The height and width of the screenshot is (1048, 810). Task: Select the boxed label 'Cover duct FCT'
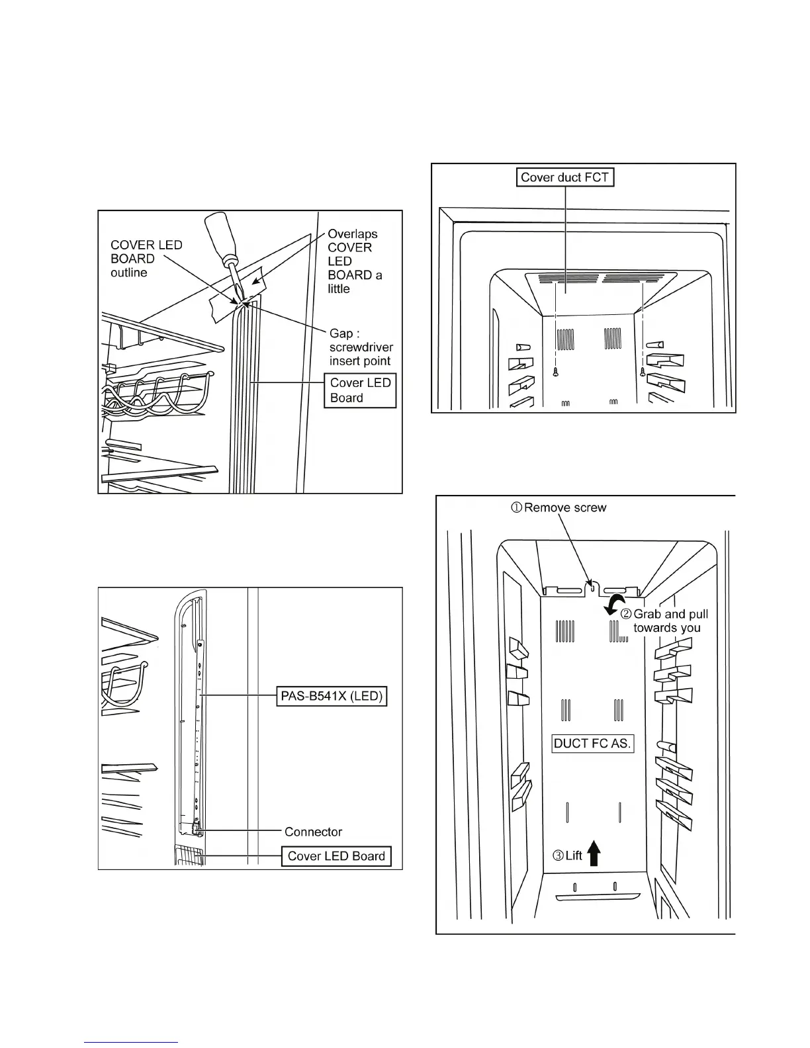(x=564, y=177)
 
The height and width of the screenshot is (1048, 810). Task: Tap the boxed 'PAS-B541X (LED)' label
(x=331, y=697)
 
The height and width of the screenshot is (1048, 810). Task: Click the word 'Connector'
(x=313, y=832)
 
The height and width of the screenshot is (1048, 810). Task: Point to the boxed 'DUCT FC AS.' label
(x=592, y=743)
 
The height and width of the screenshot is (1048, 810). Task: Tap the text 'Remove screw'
(x=565, y=507)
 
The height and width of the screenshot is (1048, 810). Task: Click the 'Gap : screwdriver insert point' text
(x=361, y=347)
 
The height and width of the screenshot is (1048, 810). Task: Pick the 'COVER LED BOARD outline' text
(x=146, y=259)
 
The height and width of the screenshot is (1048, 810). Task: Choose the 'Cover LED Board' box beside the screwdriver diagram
(x=360, y=390)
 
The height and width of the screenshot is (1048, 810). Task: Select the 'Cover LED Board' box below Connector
(x=336, y=856)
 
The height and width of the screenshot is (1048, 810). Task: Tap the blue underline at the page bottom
(x=131, y=1041)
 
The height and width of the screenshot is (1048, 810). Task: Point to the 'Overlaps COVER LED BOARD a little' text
(x=355, y=261)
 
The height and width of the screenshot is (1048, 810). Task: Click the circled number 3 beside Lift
(x=557, y=855)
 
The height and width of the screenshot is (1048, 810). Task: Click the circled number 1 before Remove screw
(x=516, y=507)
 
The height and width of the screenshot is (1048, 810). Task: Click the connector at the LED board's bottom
(x=197, y=828)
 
